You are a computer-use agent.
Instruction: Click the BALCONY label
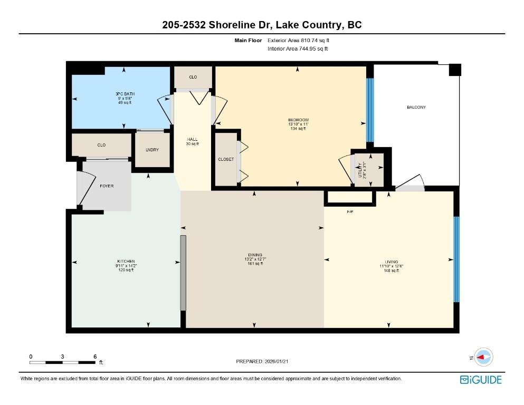tap(416, 107)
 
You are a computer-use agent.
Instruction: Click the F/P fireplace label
tap(349, 211)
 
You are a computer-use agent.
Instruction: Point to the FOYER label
tap(107, 186)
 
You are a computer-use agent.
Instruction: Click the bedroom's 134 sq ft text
tap(298, 128)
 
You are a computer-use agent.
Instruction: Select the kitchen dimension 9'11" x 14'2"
tap(126, 266)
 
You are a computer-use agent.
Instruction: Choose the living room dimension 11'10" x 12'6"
tap(391, 266)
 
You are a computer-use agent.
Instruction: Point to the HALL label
tap(192, 139)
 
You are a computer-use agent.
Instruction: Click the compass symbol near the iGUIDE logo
tap(483, 357)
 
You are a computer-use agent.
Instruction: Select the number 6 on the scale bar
tap(95, 356)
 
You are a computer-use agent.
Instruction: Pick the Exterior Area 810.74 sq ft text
tap(301, 40)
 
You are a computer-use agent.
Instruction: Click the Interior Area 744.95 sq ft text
tap(298, 49)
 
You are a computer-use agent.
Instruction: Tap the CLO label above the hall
tap(193, 78)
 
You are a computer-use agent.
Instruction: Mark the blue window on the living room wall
tap(456, 259)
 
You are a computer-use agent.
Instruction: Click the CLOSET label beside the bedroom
tap(226, 159)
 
